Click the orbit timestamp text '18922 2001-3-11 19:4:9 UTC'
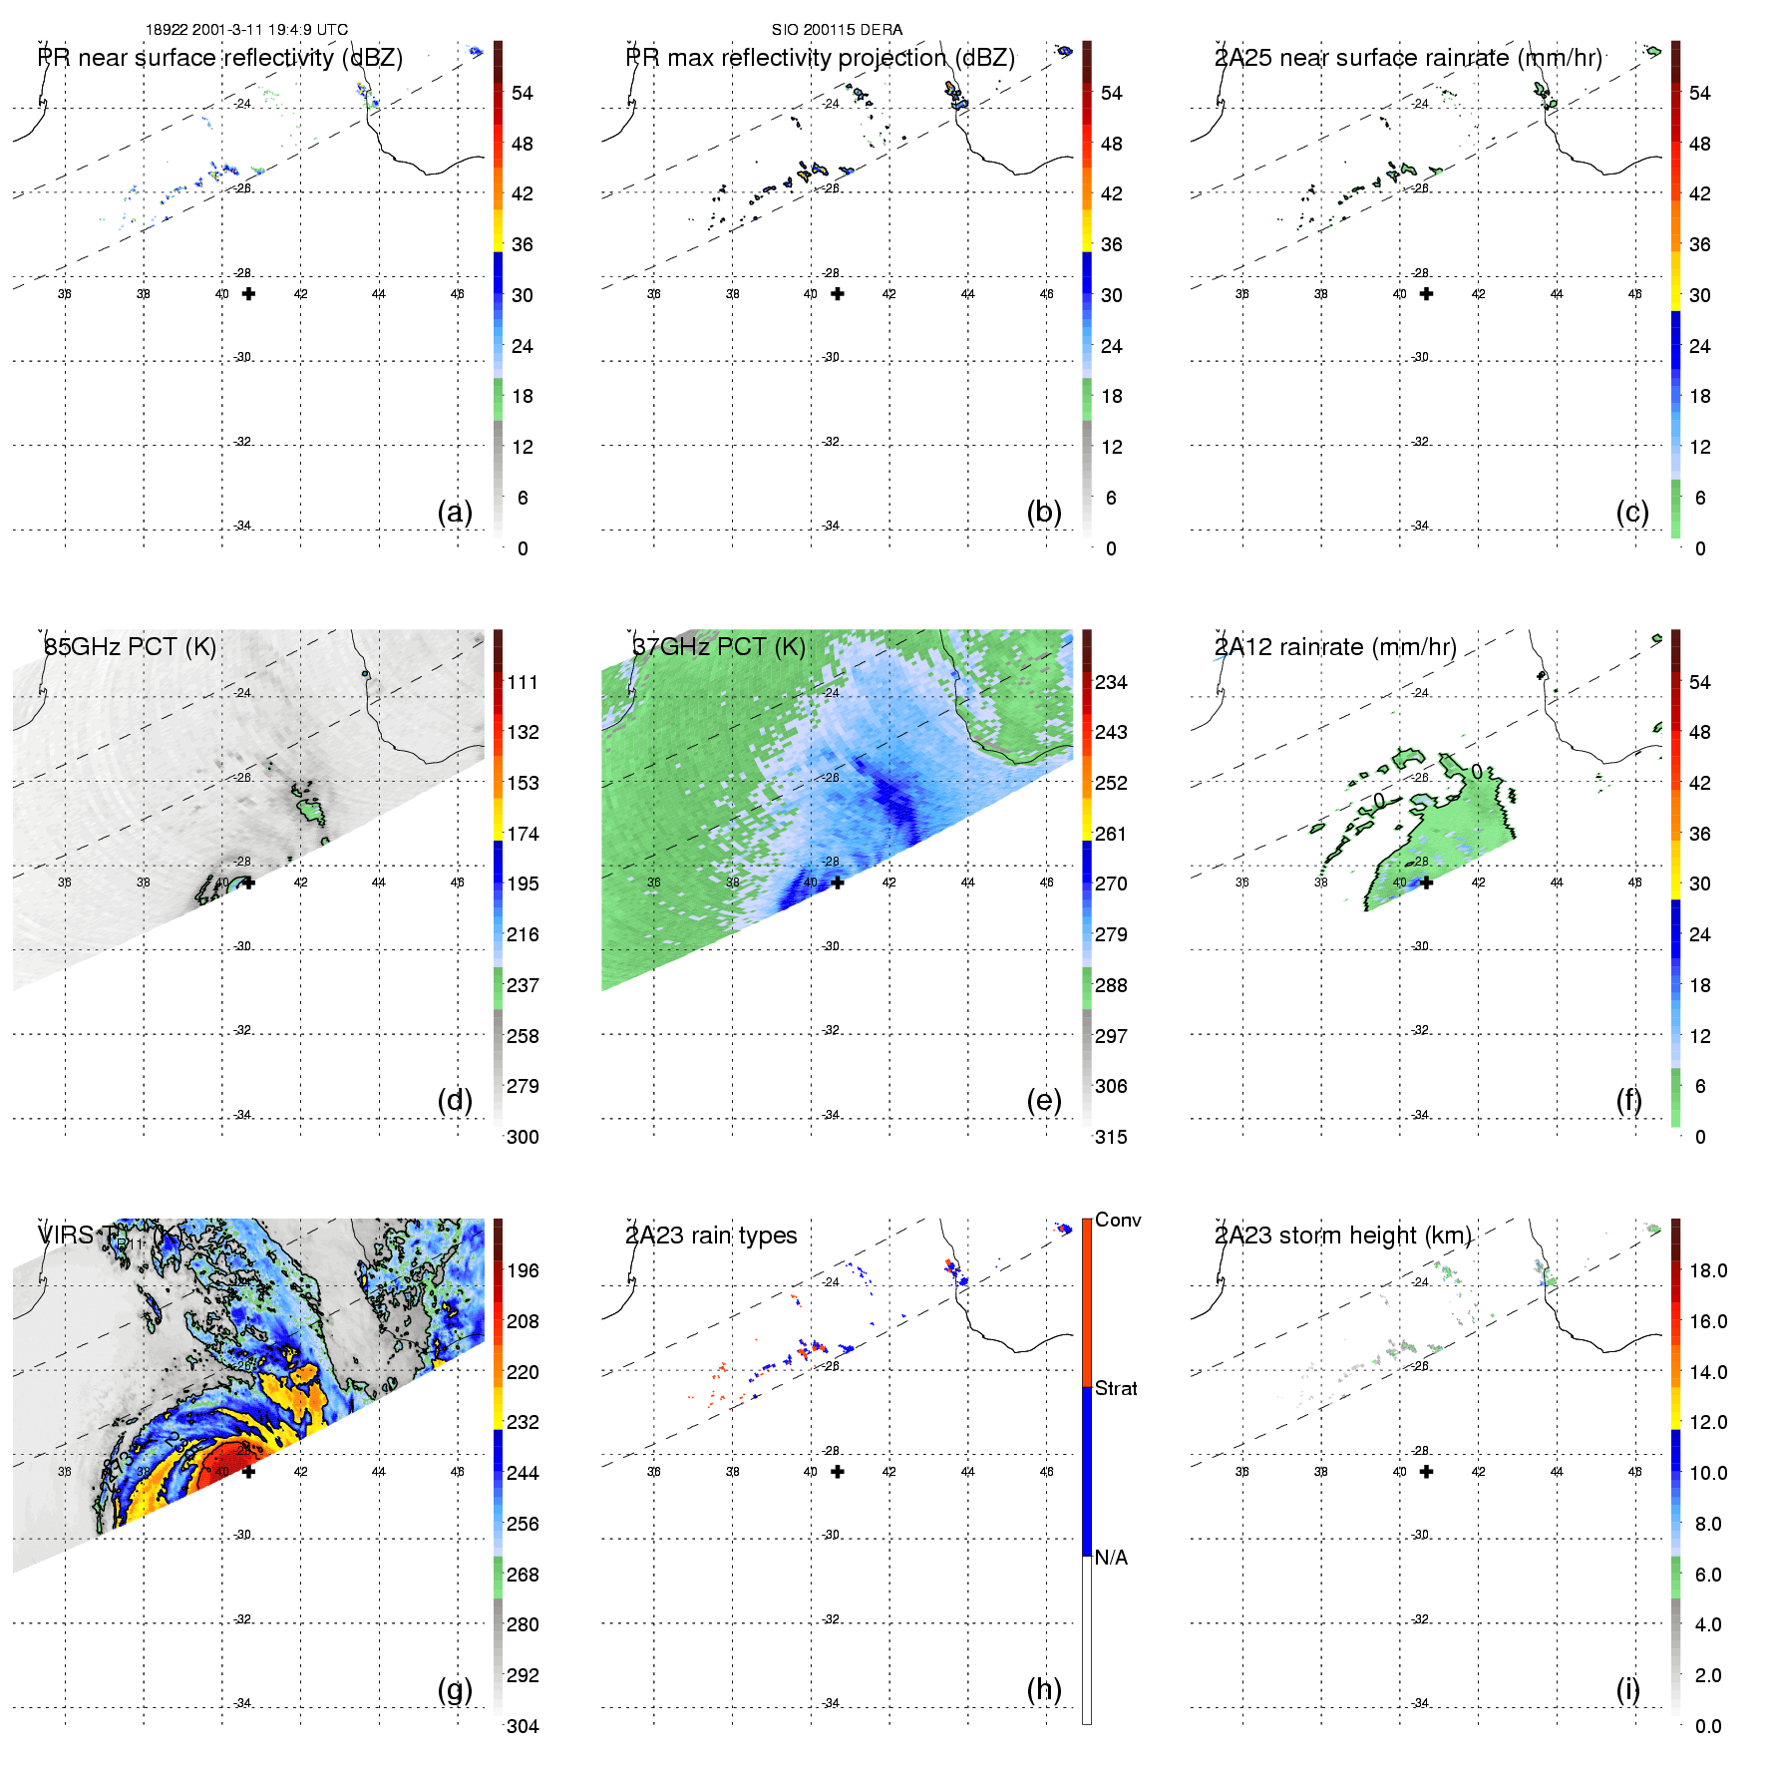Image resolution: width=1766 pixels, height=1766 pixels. click(246, 30)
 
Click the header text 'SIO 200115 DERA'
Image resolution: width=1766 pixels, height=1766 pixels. click(837, 30)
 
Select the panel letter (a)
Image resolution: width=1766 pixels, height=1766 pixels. click(455, 512)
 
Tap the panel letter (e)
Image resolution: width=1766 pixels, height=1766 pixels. click(1043, 1100)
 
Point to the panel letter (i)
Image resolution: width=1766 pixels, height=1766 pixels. click(1627, 1689)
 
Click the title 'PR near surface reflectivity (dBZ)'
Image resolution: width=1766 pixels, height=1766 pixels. click(220, 58)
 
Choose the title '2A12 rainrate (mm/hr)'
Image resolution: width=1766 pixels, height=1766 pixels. click(1335, 647)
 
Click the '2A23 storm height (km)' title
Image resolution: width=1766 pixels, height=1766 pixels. click(1342, 1236)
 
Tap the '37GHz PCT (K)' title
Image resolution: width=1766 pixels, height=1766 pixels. click(719, 647)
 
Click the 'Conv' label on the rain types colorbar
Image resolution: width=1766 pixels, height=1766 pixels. click(1118, 1221)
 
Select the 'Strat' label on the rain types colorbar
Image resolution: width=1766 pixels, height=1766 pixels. click(1116, 1389)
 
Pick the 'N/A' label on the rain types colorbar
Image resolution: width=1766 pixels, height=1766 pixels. click(1111, 1558)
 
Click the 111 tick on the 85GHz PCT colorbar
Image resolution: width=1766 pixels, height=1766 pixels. click(523, 683)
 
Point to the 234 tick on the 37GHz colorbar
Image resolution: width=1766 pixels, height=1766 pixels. click(1111, 683)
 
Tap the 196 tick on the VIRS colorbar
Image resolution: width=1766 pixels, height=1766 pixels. click(523, 1271)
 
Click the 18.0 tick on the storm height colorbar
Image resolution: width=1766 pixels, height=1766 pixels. click(1708, 1271)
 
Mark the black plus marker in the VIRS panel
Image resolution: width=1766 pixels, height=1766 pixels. click(248, 1472)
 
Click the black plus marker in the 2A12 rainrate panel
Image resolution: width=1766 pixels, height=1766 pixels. click(1426, 883)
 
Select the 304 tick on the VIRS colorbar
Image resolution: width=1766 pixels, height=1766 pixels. click(523, 1726)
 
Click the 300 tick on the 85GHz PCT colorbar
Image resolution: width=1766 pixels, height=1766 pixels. click(523, 1137)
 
